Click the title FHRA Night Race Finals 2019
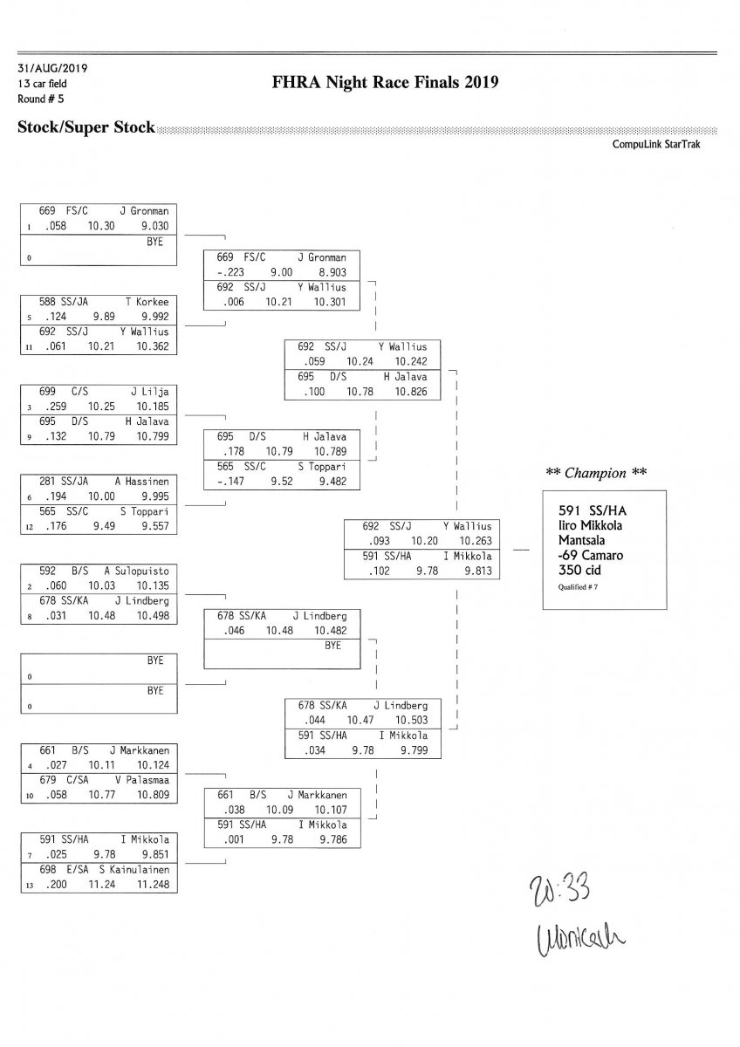click(385, 83)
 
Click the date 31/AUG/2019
click(51, 67)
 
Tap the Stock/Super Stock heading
click(86, 127)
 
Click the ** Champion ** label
click(596, 473)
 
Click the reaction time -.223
click(230, 272)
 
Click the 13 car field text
click(42, 83)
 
